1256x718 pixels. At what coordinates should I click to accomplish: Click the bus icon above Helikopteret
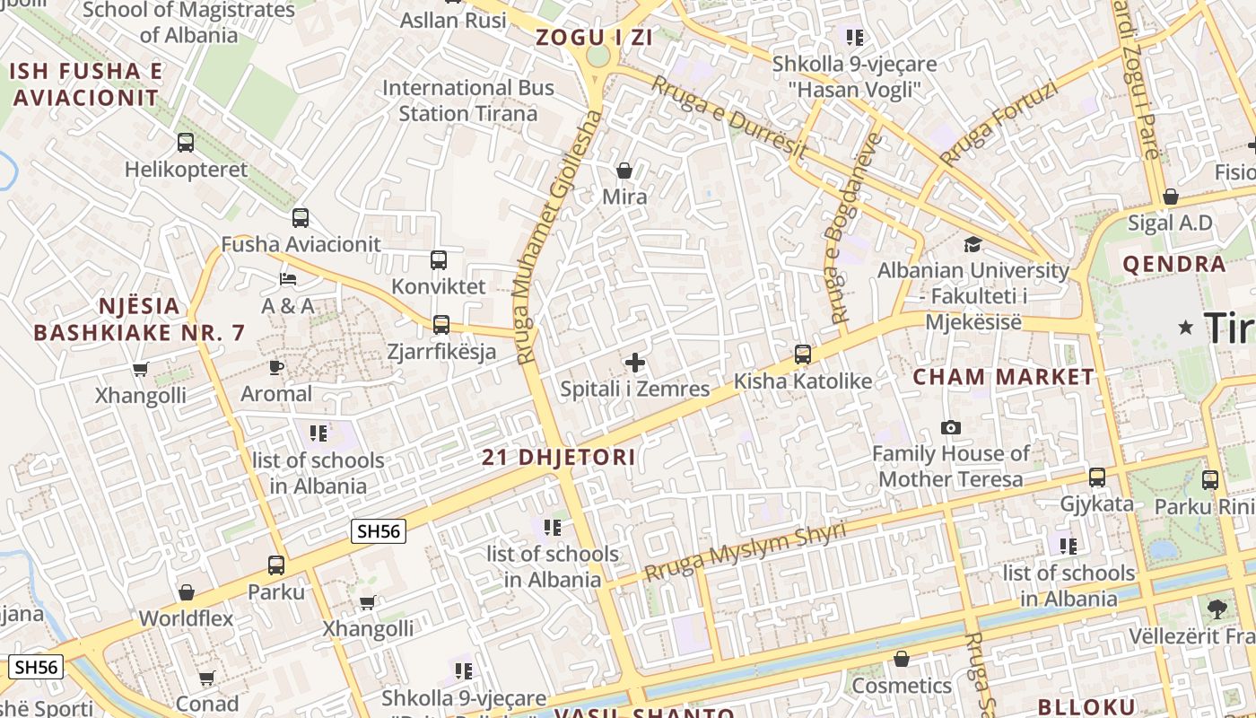(186, 143)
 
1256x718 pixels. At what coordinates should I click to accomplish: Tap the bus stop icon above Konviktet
(438, 260)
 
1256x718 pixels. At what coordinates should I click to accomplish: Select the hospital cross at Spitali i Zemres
(635, 363)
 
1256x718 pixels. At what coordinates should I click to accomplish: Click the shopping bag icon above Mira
(624, 170)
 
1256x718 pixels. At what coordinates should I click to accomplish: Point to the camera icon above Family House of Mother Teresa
(950, 427)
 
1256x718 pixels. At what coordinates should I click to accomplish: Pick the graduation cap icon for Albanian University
(973, 244)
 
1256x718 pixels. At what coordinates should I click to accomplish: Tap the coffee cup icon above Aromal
(276, 367)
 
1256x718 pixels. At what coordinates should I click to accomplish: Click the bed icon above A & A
(288, 279)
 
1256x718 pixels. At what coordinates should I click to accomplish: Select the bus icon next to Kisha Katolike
(803, 355)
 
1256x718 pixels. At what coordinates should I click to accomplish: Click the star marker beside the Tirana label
(1186, 328)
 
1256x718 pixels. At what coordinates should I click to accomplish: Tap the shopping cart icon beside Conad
(206, 678)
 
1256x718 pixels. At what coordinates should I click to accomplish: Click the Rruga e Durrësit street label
(728, 118)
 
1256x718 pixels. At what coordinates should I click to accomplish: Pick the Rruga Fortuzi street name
(999, 124)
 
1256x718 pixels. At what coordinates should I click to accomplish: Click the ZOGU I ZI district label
(594, 38)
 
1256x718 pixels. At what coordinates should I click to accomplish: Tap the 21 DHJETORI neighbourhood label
(559, 458)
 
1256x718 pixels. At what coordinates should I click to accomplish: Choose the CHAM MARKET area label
(1003, 377)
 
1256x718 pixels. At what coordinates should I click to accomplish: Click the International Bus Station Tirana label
(468, 101)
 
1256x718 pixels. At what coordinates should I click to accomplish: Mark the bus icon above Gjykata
(1096, 477)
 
